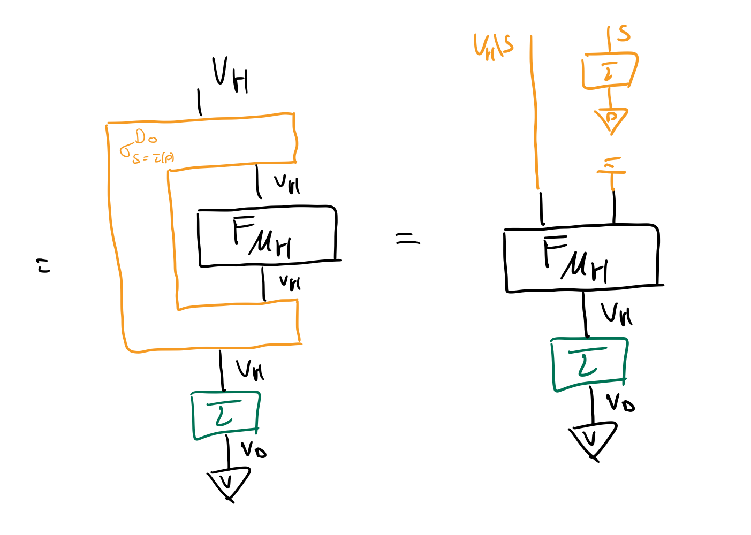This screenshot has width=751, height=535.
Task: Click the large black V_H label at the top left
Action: [x=231, y=75]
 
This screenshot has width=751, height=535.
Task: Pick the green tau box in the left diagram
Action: [x=225, y=415]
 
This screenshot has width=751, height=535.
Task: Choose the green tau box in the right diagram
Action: [x=589, y=364]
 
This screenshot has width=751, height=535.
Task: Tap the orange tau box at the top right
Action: [x=609, y=71]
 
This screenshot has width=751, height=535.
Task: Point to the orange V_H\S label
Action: [x=493, y=47]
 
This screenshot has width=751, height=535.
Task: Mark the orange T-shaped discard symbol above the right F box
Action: [x=611, y=169]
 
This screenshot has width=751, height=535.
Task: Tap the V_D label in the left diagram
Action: [x=253, y=449]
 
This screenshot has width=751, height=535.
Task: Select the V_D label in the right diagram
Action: [x=620, y=402]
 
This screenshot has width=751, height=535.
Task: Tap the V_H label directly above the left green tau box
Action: [x=250, y=369]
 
